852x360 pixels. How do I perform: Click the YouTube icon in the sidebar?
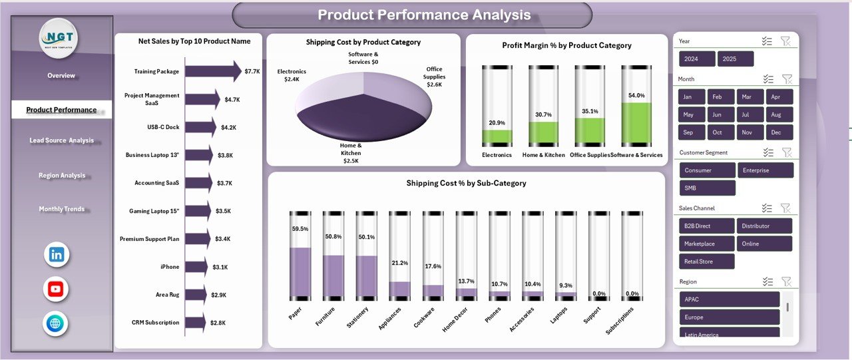56,289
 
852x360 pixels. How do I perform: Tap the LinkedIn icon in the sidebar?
56,254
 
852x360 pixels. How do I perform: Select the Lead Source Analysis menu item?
61,141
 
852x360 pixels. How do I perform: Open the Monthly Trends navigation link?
61,209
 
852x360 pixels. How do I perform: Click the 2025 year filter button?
736,59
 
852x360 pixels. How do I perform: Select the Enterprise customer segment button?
765,170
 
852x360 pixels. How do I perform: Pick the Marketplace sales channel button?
706,244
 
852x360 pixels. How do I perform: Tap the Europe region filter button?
729,317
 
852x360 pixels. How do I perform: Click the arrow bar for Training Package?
213,71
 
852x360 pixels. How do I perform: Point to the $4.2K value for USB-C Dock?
228,127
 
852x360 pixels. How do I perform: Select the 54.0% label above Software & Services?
636,96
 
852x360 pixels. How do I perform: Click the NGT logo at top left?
59,38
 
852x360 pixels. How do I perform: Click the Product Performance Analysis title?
424,15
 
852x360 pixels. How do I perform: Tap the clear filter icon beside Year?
785,41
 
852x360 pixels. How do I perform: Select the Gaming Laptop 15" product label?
154,211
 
